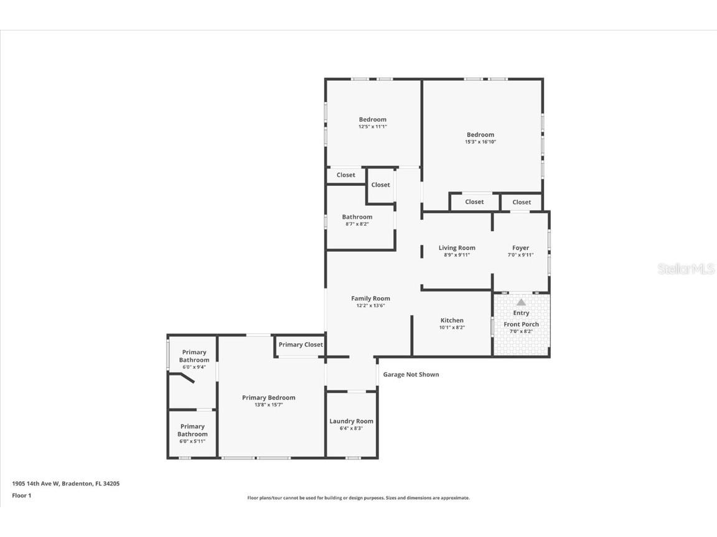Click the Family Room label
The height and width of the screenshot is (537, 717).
click(x=370, y=298)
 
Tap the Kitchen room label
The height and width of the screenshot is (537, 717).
click(x=452, y=321)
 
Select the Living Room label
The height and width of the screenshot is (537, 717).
click(x=457, y=248)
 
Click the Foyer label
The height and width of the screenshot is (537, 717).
click(x=520, y=248)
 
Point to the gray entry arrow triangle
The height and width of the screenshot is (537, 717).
click(x=521, y=301)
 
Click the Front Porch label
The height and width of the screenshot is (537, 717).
click(x=521, y=324)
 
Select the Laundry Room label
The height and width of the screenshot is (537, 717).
click(x=352, y=421)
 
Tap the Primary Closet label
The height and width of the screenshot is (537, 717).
click(x=301, y=345)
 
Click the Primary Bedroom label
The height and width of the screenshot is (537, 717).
click(x=269, y=398)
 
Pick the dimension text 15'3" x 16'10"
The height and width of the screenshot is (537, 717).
click(x=480, y=142)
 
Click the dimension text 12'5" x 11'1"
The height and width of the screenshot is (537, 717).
click(x=372, y=126)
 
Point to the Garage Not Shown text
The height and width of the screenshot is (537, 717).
click(x=411, y=375)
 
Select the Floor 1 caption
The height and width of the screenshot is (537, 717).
click(x=21, y=495)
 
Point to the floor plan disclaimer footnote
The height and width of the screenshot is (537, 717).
click(x=358, y=498)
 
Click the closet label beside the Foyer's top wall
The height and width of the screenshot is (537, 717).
click(x=522, y=202)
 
